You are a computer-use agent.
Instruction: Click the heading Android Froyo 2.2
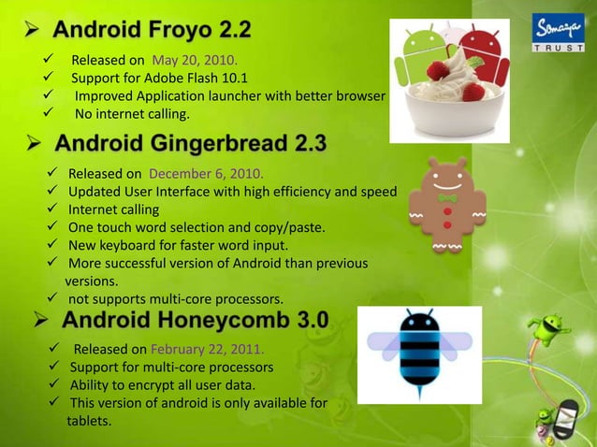coord(152,30)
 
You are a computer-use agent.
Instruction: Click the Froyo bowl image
coord(449,80)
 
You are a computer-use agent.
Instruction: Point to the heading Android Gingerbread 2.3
coord(191,144)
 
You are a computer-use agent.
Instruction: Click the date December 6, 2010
coord(206,174)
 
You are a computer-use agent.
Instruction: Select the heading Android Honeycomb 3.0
coord(195,320)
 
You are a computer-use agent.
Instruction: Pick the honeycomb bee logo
coord(419,354)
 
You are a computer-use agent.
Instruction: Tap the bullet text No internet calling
coord(132,114)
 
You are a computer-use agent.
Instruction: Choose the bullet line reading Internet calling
coord(113,209)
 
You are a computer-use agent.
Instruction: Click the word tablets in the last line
coord(89,421)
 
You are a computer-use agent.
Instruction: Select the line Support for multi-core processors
coord(171,368)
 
